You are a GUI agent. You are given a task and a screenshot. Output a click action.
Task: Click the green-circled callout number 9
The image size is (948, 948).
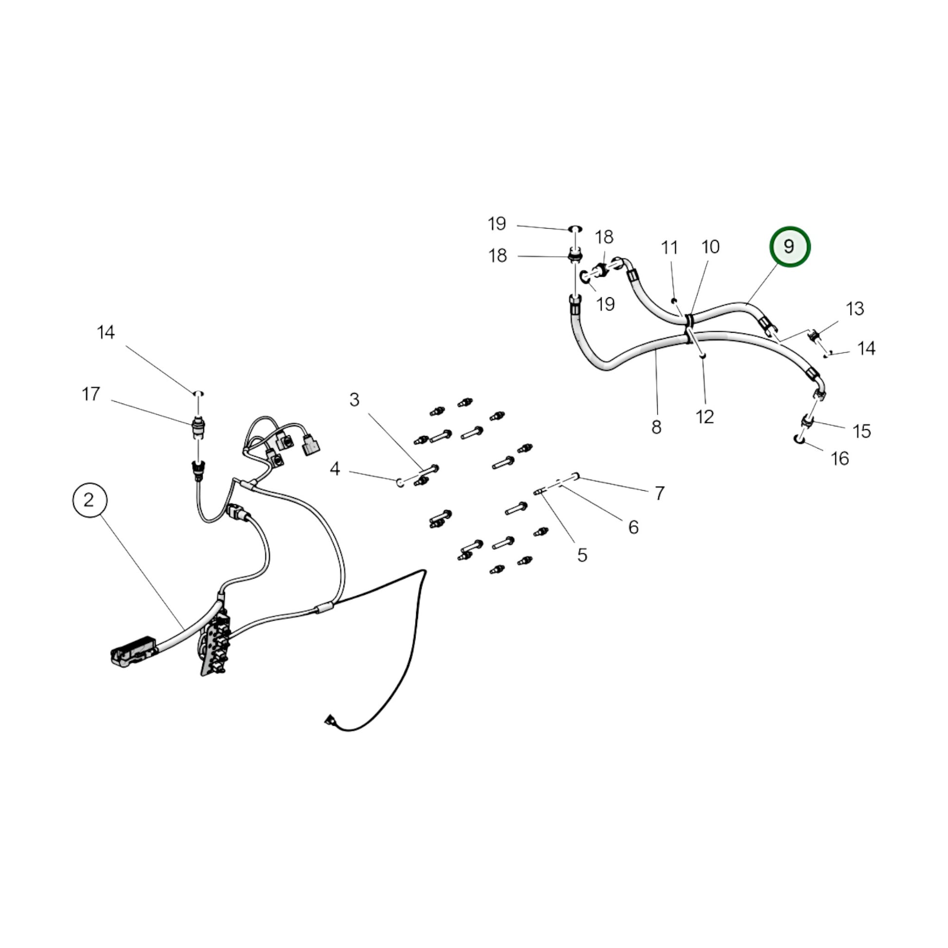789,246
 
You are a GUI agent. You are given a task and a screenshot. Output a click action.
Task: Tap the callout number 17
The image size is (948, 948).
91,394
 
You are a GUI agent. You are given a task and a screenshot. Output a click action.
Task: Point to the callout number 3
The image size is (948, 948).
354,400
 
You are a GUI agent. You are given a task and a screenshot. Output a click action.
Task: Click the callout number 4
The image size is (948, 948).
335,469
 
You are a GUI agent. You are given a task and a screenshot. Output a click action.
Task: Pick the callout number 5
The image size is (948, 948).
582,555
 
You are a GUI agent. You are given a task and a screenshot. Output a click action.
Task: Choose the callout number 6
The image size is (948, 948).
633,527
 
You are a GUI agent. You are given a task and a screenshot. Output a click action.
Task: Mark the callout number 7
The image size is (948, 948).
660,492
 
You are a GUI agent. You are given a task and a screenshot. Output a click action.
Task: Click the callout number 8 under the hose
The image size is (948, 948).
657,427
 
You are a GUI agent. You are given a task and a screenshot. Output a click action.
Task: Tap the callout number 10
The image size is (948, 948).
710,247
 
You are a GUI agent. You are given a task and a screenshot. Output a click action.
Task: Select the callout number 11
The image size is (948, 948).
669,248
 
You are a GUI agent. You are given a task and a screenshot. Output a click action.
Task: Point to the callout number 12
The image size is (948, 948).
704,417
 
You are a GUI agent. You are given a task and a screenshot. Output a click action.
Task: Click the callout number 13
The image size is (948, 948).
855,309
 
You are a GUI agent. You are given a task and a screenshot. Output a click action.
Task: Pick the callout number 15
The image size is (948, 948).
862,431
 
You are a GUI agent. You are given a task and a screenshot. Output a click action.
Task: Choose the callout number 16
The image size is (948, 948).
839,458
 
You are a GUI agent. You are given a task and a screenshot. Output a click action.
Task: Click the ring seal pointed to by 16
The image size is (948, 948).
799,438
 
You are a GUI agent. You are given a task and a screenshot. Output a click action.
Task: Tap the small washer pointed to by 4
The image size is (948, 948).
400,482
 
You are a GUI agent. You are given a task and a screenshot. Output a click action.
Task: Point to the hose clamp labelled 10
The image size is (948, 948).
689,320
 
